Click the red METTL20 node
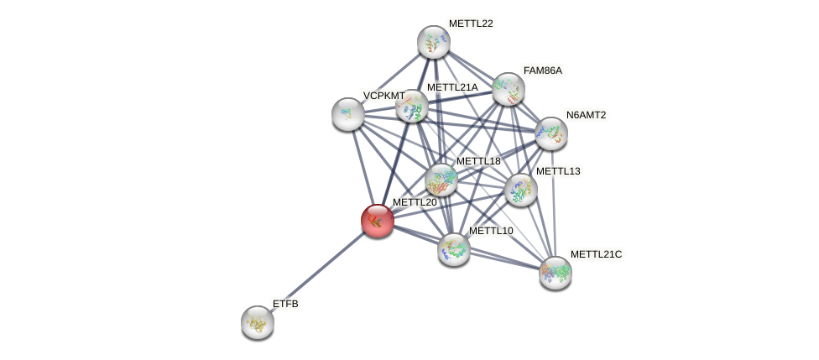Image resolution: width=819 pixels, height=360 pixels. [378, 221]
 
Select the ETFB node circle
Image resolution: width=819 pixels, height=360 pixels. [258, 322]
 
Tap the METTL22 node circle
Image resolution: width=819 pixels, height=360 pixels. [434, 42]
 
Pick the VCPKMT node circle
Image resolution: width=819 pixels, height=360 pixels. [348, 114]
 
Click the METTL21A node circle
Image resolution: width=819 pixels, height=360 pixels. [412, 107]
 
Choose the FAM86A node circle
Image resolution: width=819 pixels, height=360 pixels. [509, 89]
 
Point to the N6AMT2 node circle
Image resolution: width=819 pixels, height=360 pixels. [551, 133]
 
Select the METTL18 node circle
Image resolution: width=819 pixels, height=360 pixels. [441, 180]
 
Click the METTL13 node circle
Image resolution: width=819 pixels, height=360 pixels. [521, 190]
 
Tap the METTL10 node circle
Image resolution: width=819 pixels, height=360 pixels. [454, 249]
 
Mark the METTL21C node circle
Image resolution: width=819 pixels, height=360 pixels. [556, 272]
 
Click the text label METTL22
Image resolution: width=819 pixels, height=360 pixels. [471, 23]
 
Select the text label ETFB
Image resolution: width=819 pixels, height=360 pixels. [285, 304]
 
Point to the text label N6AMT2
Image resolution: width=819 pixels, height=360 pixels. [586, 115]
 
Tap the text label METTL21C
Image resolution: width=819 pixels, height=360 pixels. [596, 254]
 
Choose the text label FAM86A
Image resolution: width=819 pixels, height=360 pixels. [543, 70]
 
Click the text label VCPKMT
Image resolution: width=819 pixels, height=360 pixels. [383, 96]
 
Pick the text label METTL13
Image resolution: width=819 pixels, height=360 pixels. [558, 171]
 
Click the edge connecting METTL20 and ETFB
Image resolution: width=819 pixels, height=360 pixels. [317, 272]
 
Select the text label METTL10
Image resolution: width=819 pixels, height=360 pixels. [491, 231]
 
